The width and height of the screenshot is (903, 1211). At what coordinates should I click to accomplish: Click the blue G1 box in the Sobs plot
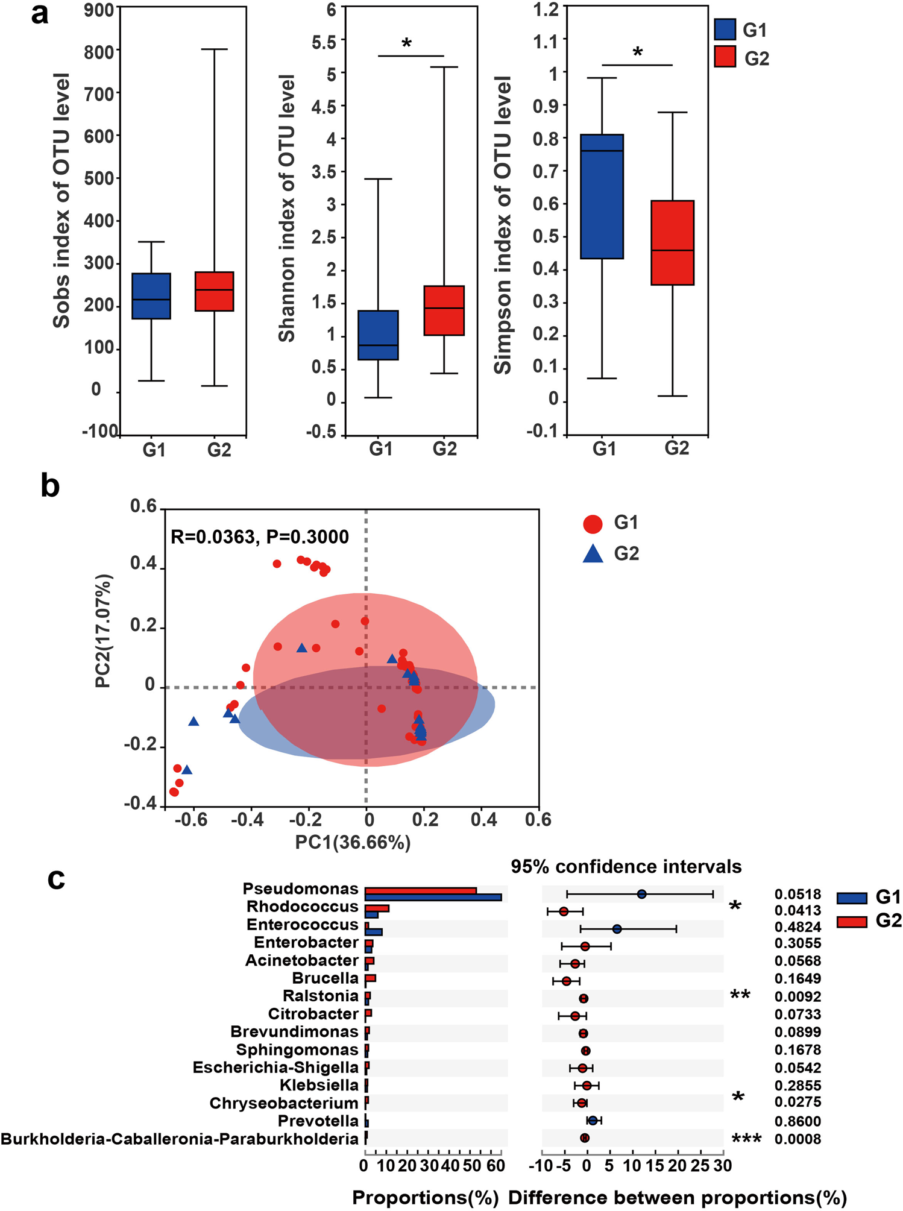click(x=151, y=296)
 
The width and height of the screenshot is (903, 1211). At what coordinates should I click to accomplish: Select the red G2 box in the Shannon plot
click(x=444, y=310)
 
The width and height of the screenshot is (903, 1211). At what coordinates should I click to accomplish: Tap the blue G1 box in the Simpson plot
click(x=602, y=197)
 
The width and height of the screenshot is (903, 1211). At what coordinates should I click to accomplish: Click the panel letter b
click(x=50, y=486)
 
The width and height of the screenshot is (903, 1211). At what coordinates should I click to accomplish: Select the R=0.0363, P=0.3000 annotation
click(x=259, y=536)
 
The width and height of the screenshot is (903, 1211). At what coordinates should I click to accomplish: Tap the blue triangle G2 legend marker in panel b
click(x=593, y=554)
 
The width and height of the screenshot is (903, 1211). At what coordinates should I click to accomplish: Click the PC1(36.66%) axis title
click(x=353, y=842)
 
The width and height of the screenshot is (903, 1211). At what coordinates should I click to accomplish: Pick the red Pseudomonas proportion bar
click(x=420, y=890)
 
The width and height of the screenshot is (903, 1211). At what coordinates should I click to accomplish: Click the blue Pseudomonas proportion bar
click(x=433, y=898)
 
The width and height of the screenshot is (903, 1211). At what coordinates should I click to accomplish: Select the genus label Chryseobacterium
click(x=283, y=1103)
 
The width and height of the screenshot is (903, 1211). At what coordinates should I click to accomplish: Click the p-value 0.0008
click(x=798, y=1139)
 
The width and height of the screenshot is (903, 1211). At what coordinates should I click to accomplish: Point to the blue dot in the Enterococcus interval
click(x=617, y=929)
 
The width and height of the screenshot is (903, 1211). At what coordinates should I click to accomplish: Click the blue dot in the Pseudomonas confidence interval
click(x=641, y=894)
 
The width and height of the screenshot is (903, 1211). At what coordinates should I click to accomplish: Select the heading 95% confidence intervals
click(x=626, y=867)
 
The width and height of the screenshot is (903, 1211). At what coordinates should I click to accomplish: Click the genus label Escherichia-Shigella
click(x=275, y=1068)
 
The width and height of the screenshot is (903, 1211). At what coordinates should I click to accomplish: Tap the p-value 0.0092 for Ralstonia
click(x=798, y=997)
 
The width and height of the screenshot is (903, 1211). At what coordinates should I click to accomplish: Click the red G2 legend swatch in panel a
click(x=725, y=57)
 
